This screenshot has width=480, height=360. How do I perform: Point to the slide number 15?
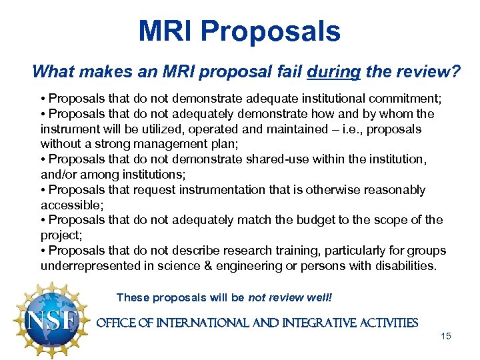(446, 336)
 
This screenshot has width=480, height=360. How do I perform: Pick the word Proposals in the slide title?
(271, 31)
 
